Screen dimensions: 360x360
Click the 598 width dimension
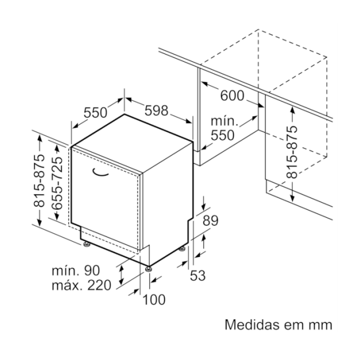pos(157,110)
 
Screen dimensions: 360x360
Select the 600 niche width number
pos(232,95)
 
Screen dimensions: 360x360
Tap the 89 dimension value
pos(211,221)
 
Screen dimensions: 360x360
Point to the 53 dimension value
pos(197,275)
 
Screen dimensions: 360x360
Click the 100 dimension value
pos(154,299)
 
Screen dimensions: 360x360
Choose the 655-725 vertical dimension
pos(57,183)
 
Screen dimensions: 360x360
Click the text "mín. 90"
pos(76,271)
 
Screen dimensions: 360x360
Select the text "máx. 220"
pos(82,286)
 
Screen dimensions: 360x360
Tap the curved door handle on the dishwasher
pos(100,173)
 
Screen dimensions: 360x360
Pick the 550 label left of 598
pos(95,113)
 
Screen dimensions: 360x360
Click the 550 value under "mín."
pos(223,135)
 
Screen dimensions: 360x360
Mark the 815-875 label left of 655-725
pos(39,181)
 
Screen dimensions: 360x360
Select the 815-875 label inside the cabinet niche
pos(292,152)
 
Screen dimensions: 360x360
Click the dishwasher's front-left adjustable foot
pos(87,244)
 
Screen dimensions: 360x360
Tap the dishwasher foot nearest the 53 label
pos(182,249)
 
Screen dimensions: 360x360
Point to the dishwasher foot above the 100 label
pos(149,269)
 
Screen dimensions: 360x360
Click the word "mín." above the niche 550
pos(224,121)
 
